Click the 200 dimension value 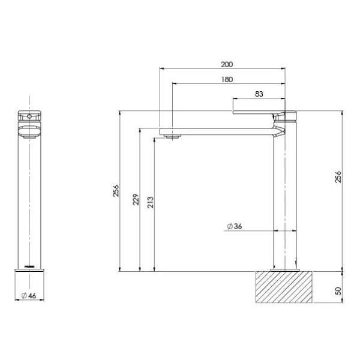[227, 64]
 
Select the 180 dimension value [227, 79]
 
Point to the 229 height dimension [135, 199]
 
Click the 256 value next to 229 [116, 191]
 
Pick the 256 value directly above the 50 [338, 177]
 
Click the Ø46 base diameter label [29, 295]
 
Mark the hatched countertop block [284, 290]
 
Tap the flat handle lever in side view [255, 112]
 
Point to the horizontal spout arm [216, 130]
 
